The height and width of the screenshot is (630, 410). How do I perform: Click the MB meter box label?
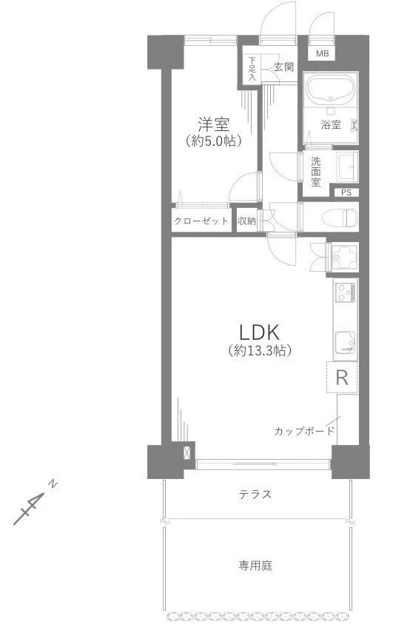point(322,53)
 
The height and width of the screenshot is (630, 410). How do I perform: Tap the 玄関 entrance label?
point(283,67)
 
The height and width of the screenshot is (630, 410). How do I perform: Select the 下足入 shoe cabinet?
point(252,69)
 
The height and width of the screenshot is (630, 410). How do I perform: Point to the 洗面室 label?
point(316,172)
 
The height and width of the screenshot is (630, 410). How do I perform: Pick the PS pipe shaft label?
point(346,192)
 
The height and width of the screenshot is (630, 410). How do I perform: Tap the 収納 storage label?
point(246,221)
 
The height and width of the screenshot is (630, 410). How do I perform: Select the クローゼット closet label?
point(201,221)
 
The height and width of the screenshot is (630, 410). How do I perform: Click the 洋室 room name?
point(214,124)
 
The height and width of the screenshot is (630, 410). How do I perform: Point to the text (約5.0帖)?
point(214,141)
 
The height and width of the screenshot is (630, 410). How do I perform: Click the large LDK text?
point(259,332)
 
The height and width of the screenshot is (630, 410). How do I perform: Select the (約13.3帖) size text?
point(259,351)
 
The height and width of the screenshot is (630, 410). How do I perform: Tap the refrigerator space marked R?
point(342,378)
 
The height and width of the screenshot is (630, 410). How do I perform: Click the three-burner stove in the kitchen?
point(346,292)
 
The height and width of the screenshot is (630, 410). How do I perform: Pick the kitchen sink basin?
point(346,343)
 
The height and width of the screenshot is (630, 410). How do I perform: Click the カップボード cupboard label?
point(304,432)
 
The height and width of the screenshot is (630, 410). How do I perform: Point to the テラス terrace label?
point(255,495)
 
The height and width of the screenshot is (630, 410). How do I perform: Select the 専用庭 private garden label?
point(255,566)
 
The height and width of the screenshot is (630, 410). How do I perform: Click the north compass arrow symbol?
point(34,503)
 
